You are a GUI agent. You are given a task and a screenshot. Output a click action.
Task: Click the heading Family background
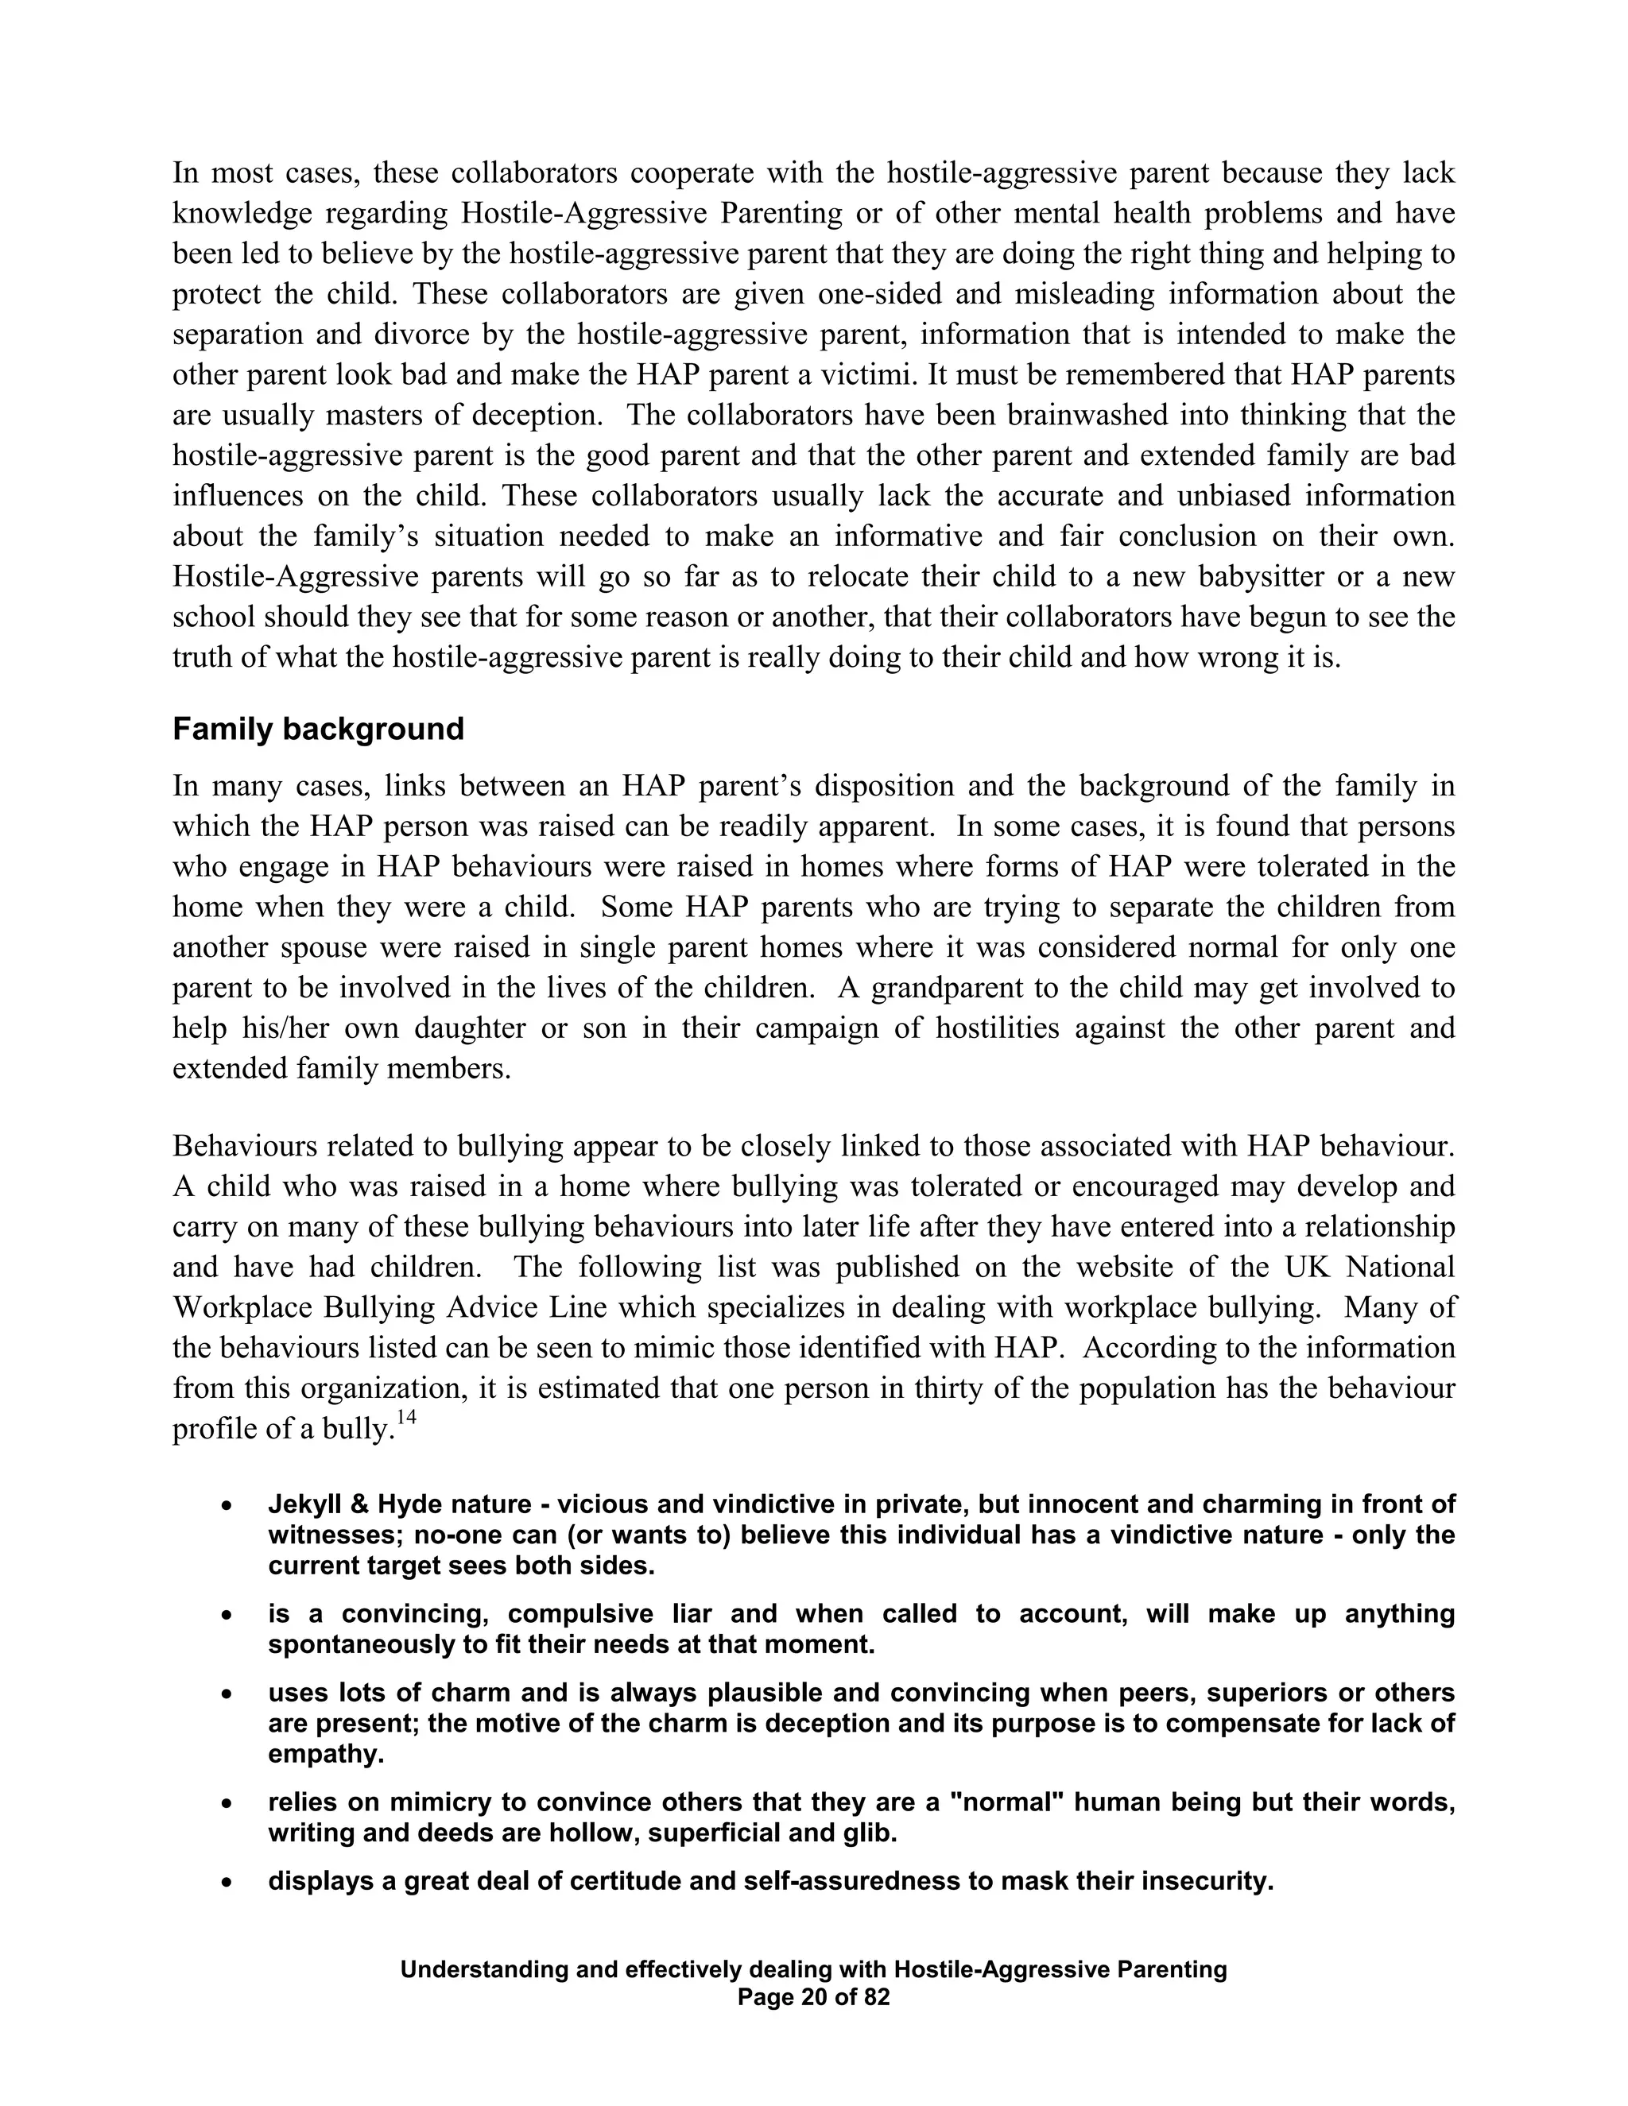pos(317,729)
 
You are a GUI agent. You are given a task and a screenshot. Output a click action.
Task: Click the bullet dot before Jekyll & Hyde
pos(227,1505)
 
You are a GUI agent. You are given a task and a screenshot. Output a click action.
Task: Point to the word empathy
pos(326,1754)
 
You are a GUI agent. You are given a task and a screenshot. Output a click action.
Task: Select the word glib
pos(872,1833)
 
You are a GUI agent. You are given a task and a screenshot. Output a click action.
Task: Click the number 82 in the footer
pos(876,1997)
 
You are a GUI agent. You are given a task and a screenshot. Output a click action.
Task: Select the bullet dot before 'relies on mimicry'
pos(227,1803)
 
